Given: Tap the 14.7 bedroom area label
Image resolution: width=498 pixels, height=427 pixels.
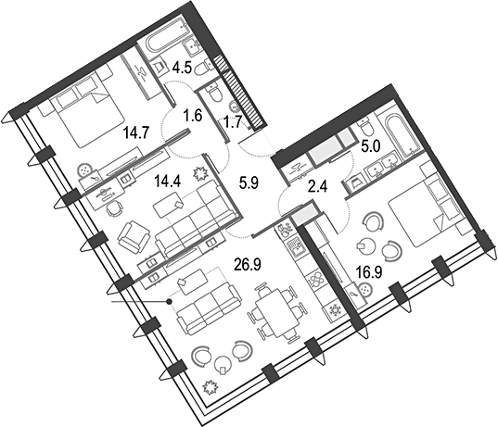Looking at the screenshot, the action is pos(136,134).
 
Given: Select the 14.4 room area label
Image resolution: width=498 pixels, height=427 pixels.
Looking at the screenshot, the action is pos(168,182).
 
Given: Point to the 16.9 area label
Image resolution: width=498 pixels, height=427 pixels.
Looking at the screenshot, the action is pos(369,273).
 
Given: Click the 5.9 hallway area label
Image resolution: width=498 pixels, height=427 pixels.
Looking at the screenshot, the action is pos(249,183).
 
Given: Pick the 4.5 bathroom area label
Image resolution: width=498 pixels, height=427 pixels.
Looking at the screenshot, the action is pos(182,68).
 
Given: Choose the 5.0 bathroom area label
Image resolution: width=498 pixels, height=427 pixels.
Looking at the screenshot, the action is pos(371,148).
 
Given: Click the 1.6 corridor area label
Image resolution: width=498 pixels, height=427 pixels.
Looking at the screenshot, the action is pos(193,116).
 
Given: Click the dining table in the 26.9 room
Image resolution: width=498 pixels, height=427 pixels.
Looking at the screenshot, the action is pos(277,312).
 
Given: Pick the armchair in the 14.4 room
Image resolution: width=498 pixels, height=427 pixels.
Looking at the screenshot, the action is pos(134,238).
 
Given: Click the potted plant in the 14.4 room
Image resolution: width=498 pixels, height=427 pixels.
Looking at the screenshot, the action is pos(201,173).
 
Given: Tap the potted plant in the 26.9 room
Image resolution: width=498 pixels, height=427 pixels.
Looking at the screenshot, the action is pos(210,387).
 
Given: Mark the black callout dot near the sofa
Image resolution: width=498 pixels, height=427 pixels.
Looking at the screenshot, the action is pos(170,301).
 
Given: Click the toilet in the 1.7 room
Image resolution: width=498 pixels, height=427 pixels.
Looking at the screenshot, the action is pos(214,92).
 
